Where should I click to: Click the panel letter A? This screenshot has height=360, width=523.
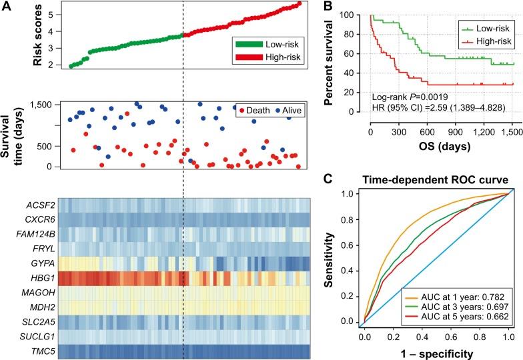(7, 7)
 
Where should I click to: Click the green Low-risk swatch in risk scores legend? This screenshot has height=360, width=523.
(251, 43)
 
